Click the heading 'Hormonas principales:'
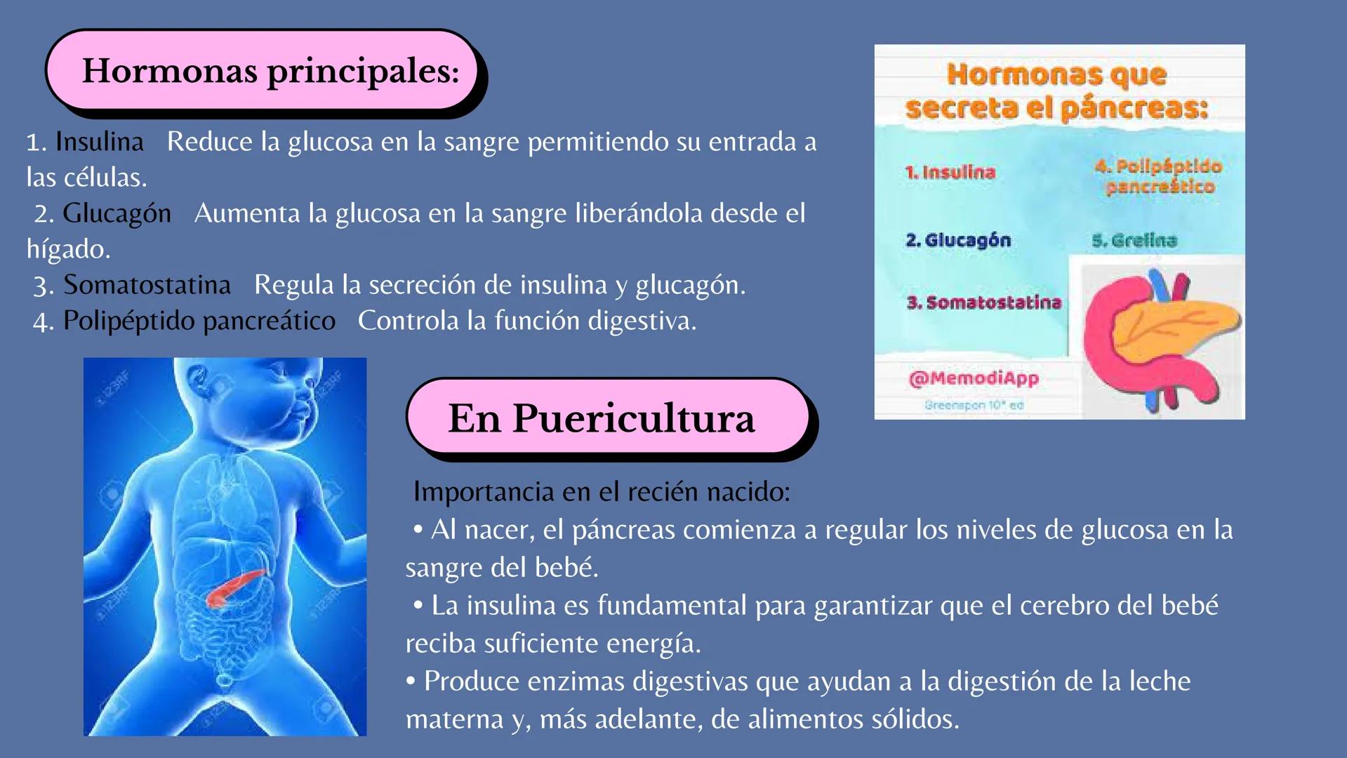270,71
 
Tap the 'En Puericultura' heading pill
601,418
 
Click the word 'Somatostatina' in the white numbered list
147,285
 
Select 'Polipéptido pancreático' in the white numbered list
199,321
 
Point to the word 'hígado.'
69,249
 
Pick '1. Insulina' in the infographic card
950,172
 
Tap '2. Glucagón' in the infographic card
957,240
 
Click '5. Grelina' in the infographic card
1134,241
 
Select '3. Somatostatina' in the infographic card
983,302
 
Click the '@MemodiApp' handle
973,378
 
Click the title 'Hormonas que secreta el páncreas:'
1056,91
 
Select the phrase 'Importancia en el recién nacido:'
602,491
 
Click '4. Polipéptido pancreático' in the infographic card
1158,176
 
